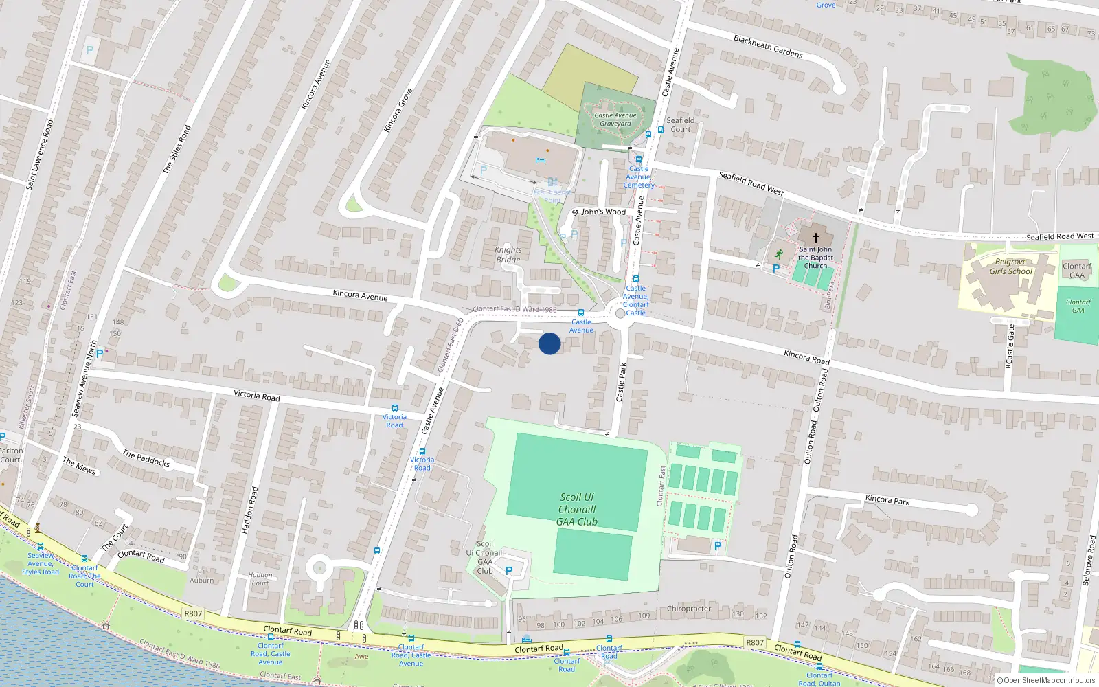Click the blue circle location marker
click(549, 343)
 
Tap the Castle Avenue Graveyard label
click(615, 120)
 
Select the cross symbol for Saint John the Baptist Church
click(815, 236)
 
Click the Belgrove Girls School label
click(1010, 267)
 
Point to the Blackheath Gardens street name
click(768, 46)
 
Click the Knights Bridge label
click(508, 255)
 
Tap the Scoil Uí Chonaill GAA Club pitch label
click(577, 509)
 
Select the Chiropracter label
click(689, 609)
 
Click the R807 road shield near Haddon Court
click(194, 613)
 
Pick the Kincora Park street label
click(887, 499)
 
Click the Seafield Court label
click(681, 125)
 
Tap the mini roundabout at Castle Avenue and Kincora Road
click(620, 313)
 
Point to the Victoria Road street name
click(256, 395)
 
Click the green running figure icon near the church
click(778, 254)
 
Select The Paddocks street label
click(146, 458)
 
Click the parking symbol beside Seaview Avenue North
click(100, 354)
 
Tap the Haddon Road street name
click(250, 510)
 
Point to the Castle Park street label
click(622, 382)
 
